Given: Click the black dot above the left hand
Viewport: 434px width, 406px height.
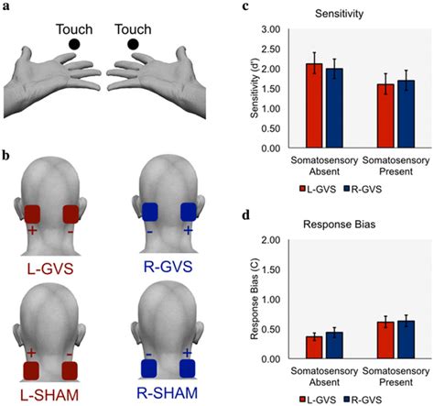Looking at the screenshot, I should [74, 43].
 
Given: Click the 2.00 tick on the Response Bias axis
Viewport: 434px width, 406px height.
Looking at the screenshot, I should [274, 240].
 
